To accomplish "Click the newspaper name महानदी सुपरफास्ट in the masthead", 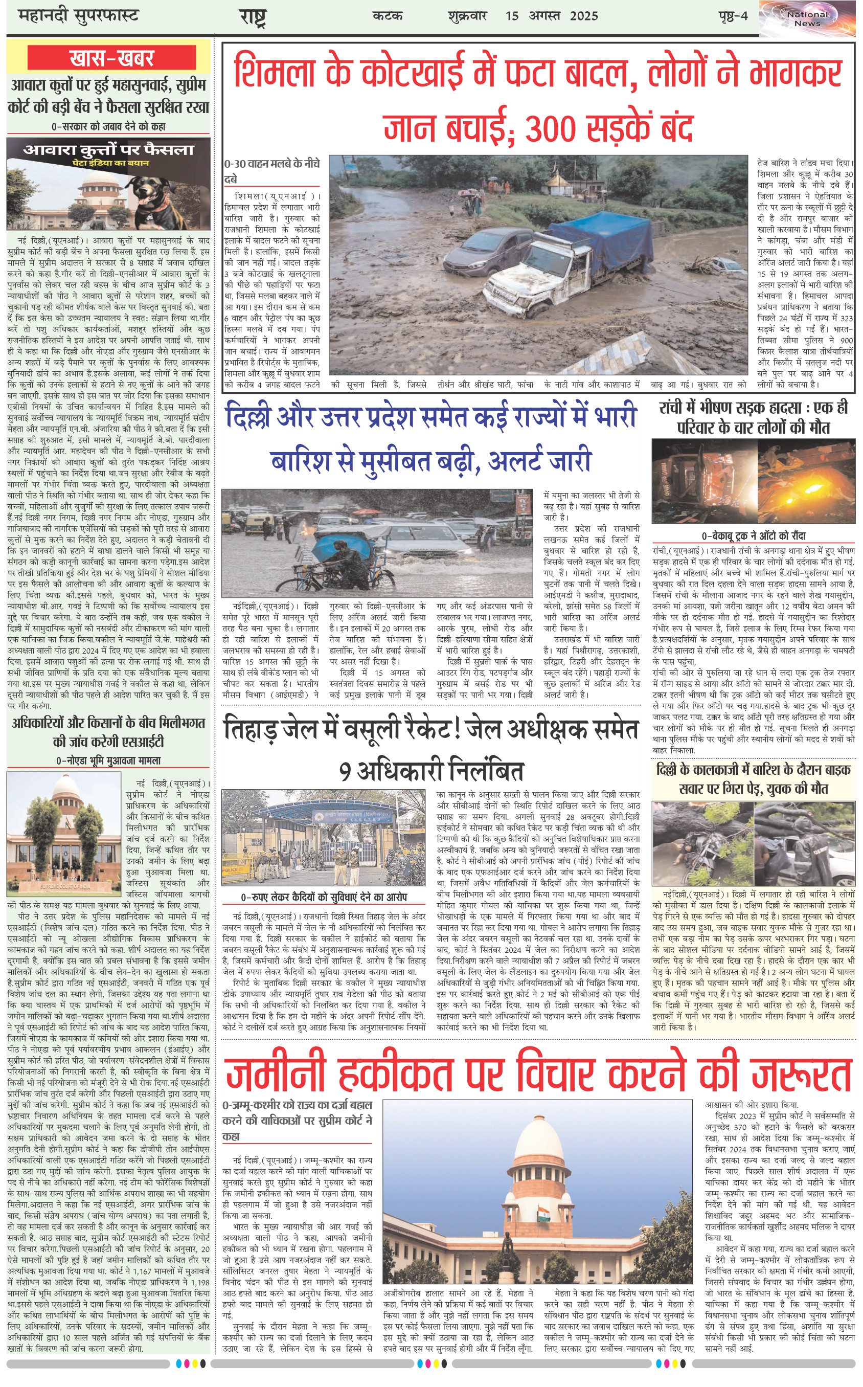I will coord(78,16).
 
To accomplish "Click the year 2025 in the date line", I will coord(583,16).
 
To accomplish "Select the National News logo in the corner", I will coord(807,19).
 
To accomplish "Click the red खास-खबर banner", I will coord(111,58).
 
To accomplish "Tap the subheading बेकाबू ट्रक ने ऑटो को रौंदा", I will coord(754,535).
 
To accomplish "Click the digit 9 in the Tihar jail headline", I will coord(345,772).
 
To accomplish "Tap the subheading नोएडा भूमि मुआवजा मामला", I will coord(108,760).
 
